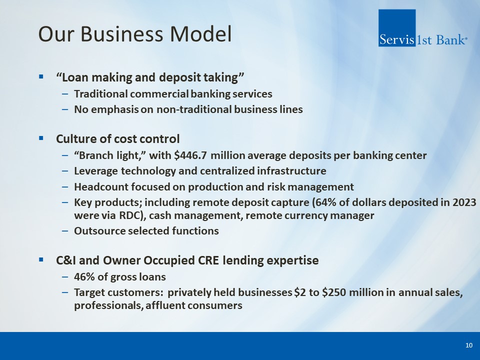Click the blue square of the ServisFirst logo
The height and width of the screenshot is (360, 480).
click(x=396, y=28)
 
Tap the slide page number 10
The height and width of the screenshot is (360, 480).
click(x=468, y=345)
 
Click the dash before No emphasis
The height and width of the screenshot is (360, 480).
click(x=65, y=109)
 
